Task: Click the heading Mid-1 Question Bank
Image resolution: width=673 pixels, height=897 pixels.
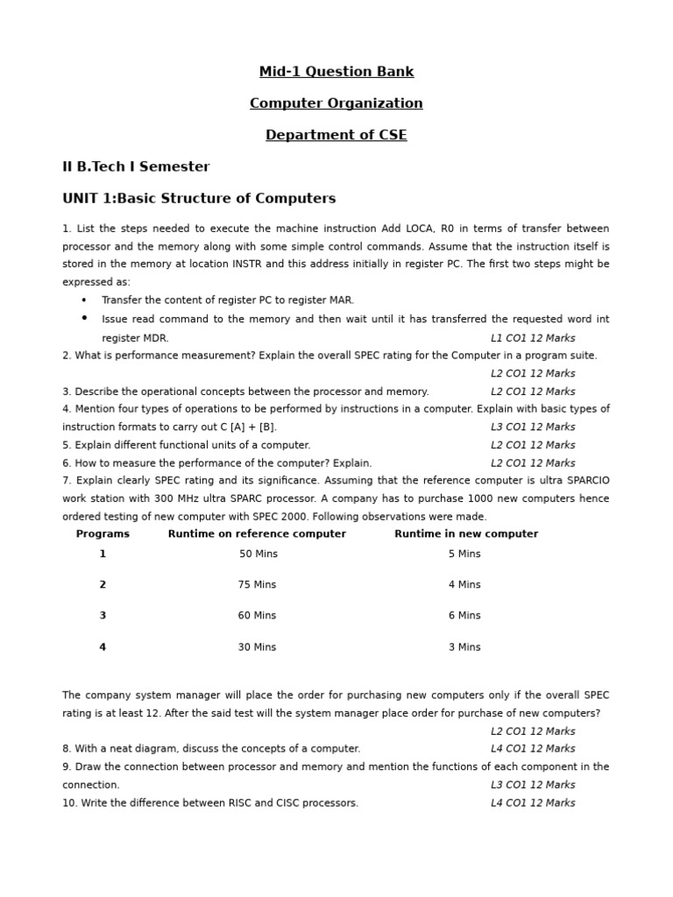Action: click(x=336, y=72)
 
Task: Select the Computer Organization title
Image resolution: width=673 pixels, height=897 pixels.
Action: click(x=336, y=103)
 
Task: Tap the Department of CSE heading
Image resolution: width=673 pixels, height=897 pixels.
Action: click(x=336, y=135)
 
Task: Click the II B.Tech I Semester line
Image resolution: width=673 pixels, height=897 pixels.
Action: click(x=136, y=166)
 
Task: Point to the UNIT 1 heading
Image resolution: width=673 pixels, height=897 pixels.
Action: click(x=199, y=199)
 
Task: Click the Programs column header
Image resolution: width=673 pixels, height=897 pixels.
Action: click(x=103, y=534)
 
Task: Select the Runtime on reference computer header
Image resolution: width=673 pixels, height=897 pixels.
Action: click(x=257, y=534)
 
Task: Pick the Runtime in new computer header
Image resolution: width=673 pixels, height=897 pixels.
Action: click(x=466, y=534)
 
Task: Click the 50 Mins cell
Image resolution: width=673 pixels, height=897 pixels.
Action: click(x=259, y=554)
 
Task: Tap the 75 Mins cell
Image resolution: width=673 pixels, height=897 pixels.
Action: click(x=257, y=585)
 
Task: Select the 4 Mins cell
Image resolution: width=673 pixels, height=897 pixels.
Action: click(x=464, y=585)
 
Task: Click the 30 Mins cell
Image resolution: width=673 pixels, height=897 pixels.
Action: click(x=257, y=647)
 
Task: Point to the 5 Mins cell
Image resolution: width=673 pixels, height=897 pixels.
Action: click(x=464, y=554)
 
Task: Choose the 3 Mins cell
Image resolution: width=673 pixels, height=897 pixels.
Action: click(x=464, y=647)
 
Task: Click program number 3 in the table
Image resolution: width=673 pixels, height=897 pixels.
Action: click(x=103, y=616)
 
